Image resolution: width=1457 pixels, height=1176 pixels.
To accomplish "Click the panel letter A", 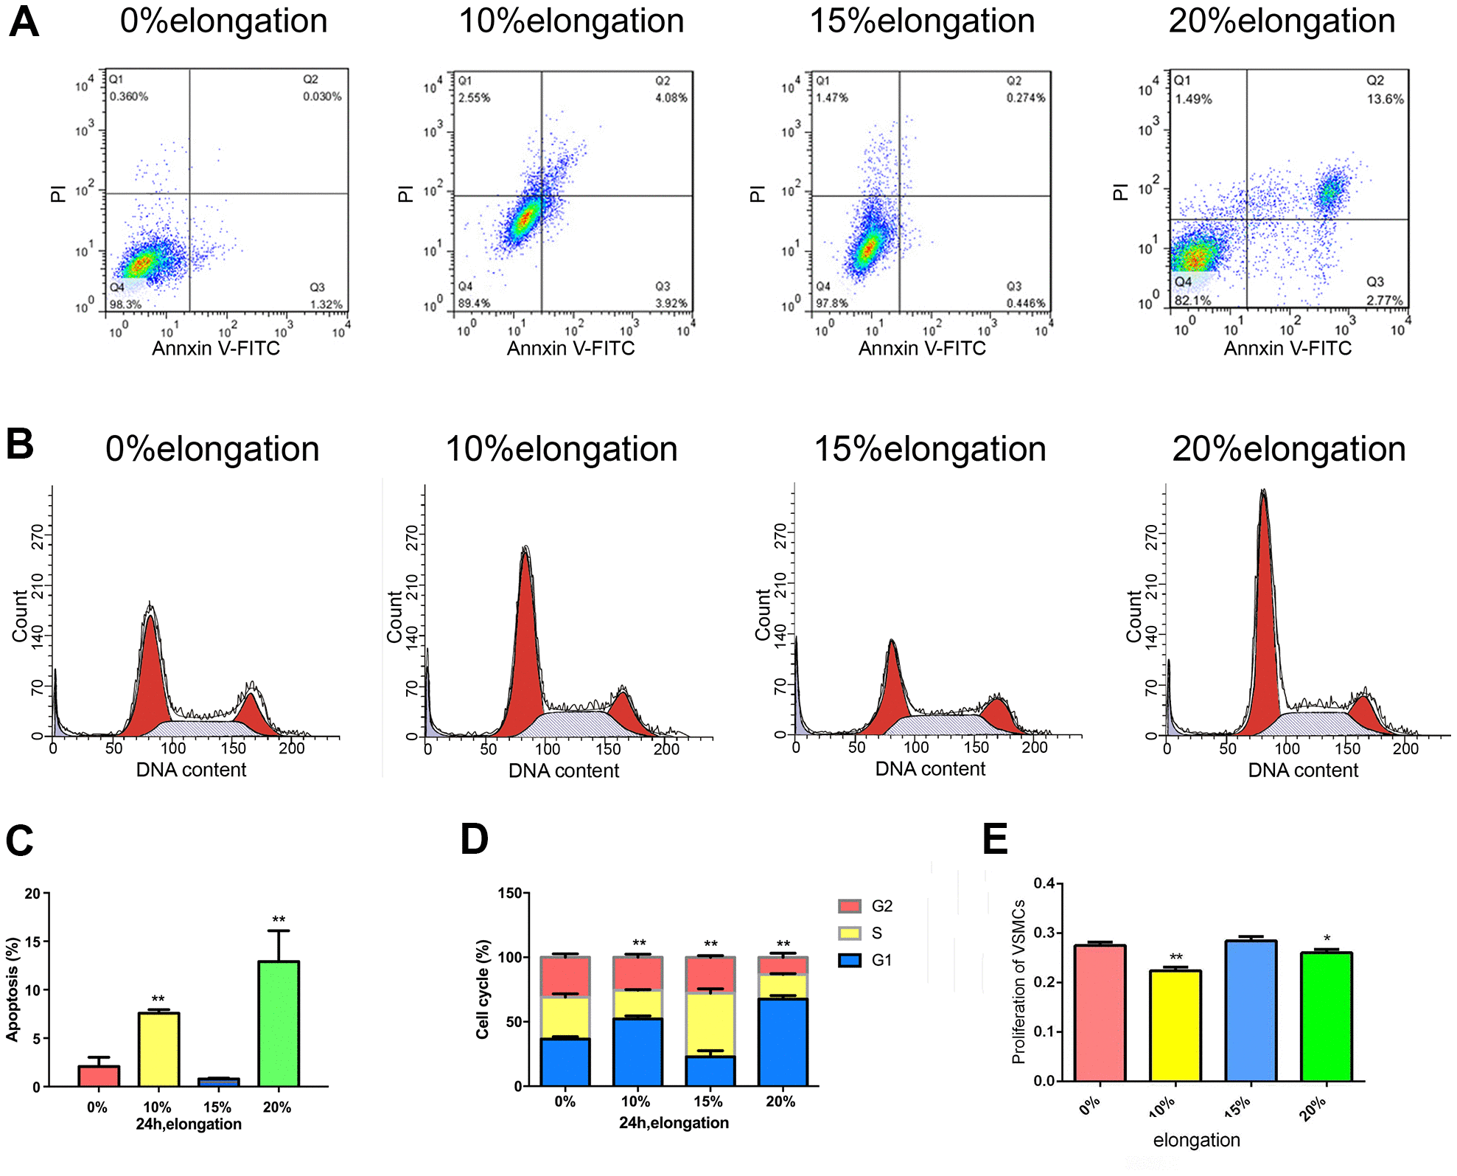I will pyautogui.click(x=24, y=22).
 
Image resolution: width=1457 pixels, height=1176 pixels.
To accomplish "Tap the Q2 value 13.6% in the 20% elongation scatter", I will pyautogui.click(x=1385, y=99).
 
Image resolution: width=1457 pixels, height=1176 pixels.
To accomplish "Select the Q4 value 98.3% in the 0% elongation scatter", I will pyautogui.click(x=125, y=304).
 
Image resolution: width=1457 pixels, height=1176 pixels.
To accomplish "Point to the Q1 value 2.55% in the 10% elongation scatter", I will pyautogui.click(x=474, y=97).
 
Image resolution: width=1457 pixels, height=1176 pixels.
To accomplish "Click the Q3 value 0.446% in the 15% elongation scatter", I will pyautogui.click(x=1025, y=303).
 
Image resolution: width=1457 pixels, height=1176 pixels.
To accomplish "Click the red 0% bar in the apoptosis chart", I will pyautogui.click(x=99, y=1076).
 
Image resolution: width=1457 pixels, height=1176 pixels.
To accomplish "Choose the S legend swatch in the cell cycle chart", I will pyautogui.click(x=850, y=933).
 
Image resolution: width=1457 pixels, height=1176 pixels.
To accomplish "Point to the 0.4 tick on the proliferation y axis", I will pyautogui.click(x=1044, y=883).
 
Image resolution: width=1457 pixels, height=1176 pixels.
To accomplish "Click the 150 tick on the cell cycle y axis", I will pyautogui.click(x=510, y=894).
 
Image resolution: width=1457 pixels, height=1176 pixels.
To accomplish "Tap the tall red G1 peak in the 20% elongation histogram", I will pyautogui.click(x=1265, y=627).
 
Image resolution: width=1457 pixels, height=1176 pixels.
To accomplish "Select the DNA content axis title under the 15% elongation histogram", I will pyautogui.click(x=930, y=769).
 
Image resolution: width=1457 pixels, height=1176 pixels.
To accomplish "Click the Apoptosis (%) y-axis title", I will pyautogui.click(x=12, y=989).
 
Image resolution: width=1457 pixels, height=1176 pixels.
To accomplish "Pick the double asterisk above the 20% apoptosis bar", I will pyautogui.click(x=279, y=919).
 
